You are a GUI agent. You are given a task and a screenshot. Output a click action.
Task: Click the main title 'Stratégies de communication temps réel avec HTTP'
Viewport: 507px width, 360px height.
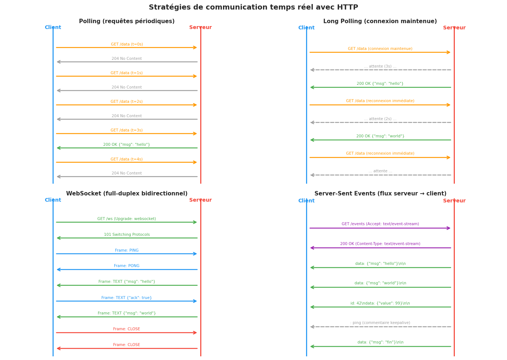pyautogui.click(x=253, y=7)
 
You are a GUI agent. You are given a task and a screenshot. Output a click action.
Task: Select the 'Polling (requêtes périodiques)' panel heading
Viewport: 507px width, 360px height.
pyautogui.click(x=127, y=21)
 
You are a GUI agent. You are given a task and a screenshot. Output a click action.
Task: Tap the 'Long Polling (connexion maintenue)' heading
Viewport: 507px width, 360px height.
pyautogui.click(x=380, y=21)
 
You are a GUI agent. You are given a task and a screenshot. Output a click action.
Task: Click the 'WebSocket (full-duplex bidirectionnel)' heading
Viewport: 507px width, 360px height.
pyautogui.click(x=127, y=194)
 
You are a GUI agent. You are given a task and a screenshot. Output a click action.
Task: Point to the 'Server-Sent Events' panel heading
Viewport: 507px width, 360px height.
pyautogui.click(x=380, y=194)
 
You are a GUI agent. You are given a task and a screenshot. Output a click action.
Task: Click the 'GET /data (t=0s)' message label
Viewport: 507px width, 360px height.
pyautogui.click(x=127, y=44)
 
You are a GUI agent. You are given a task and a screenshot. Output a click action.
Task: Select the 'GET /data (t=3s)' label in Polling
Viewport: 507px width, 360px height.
pyautogui.click(x=127, y=130)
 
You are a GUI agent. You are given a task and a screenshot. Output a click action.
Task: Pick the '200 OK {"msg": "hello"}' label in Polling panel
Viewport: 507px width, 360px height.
pyautogui.click(x=127, y=145)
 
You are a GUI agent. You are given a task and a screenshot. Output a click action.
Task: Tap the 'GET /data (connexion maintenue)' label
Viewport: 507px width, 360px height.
pyautogui.click(x=380, y=49)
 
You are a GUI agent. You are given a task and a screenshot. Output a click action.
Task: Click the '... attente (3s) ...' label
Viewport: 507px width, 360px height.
pyautogui.click(x=380, y=66)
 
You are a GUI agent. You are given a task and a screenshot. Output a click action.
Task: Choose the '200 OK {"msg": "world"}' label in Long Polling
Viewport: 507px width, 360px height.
pyautogui.click(x=380, y=136)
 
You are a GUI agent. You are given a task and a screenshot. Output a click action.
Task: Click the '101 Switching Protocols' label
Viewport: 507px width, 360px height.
pyautogui.click(x=127, y=235)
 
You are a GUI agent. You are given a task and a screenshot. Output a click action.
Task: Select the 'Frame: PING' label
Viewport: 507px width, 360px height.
pyautogui.click(x=127, y=251)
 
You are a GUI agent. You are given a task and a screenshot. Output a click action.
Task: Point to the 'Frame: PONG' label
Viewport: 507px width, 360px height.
pyautogui.click(x=127, y=266)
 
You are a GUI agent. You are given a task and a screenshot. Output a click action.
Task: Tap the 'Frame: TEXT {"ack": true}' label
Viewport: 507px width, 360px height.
pyautogui.click(x=127, y=298)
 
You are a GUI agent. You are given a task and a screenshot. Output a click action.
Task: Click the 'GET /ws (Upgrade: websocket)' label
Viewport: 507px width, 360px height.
pyautogui.click(x=127, y=219)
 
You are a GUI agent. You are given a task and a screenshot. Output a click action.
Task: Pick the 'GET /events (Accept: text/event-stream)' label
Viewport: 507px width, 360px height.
pyautogui.click(x=380, y=224)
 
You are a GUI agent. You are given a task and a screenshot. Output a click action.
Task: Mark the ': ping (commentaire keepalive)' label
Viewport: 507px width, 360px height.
pyautogui.click(x=380, y=323)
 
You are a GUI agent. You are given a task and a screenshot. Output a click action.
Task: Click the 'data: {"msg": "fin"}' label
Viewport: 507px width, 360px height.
pyautogui.click(x=380, y=342)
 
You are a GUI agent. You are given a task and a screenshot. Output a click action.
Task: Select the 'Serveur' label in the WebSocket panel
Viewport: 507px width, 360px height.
pyautogui.click(x=200, y=200)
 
